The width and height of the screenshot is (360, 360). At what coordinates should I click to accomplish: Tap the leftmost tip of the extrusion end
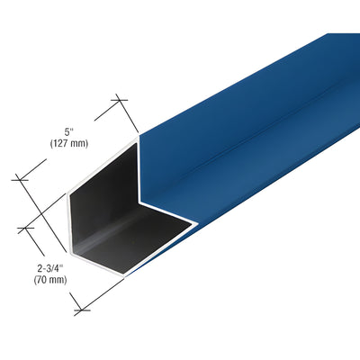[68, 197]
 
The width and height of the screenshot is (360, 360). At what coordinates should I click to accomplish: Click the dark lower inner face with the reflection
[126, 247]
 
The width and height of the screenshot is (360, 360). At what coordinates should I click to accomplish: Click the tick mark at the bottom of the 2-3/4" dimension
[82, 309]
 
